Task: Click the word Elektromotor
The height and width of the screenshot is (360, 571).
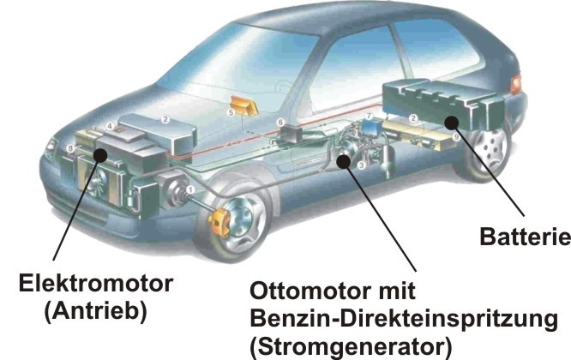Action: [x=96, y=284]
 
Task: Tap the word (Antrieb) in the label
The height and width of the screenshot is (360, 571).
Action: [x=96, y=312]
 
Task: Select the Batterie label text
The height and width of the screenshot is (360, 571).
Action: [x=525, y=237]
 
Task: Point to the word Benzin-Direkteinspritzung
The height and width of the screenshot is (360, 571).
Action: [x=404, y=319]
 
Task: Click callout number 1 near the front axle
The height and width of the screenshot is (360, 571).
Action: [x=190, y=189]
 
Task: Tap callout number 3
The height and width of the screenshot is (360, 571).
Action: [x=361, y=165]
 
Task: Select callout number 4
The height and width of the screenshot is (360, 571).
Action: [x=110, y=126]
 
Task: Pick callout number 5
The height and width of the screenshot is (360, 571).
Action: [x=231, y=112]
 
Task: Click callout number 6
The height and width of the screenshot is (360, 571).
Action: [x=280, y=123]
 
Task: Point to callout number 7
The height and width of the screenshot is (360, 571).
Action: [x=369, y=116]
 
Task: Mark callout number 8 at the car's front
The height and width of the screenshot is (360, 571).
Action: [x=71, y=148]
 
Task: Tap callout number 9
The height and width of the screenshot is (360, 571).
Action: [x=456, y=137]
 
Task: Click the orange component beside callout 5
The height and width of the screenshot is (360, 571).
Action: [x=243, y=105]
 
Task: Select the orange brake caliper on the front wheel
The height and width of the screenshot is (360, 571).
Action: [x=219, y=222]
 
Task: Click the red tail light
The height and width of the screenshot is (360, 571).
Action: [x=515, y=85]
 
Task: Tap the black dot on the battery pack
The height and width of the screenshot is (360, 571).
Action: [x=451, y=123]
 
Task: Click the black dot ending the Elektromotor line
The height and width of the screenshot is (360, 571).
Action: [x=99, y=155]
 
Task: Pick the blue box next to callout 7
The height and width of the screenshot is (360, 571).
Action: [x=371, y=128]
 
